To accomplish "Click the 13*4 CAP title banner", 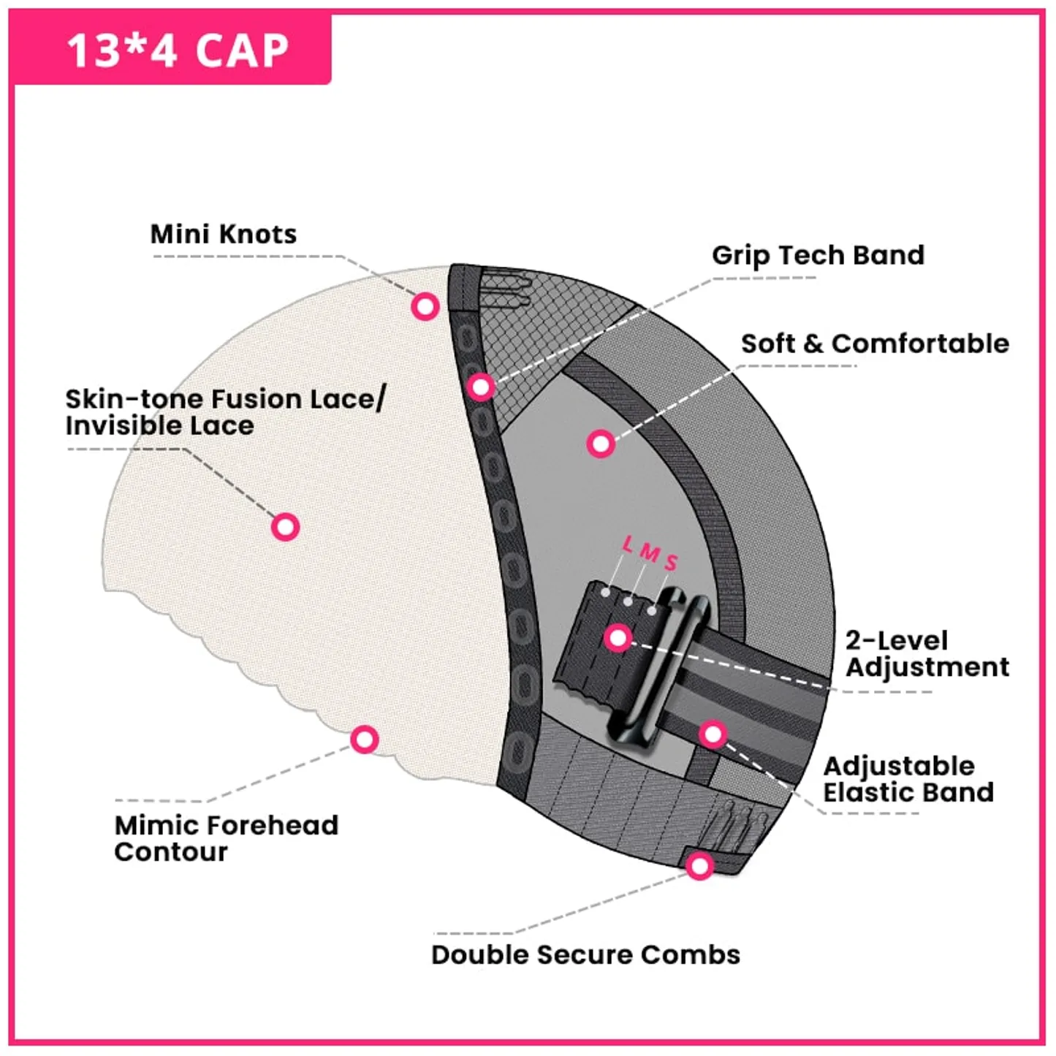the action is (x=171, y=49).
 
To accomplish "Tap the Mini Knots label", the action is (x=224, y=235).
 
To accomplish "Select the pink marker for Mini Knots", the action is (x=425, y=306).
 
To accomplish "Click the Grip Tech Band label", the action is (x=818, y=255).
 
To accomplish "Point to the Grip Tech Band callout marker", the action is (x=481, y=387).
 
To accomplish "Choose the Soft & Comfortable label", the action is (x=875, y=343).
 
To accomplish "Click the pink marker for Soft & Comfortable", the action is (x=601, y=444).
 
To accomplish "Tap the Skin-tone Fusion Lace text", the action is (x=225, y=399).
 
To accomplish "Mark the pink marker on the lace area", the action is (x=285, y=527).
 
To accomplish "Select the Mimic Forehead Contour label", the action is (x=227, y=838).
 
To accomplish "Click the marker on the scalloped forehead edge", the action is (x=365, y=740).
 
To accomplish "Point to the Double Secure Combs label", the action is (x=586, y=954).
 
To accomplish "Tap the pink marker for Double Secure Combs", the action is (x=700, y=867).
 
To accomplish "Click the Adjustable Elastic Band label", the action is (x=908, y=779).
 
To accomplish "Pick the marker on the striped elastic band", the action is (x=713, y=734).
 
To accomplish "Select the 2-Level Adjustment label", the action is (x=927, y=654).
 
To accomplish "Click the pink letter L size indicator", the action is (x=628, y=544).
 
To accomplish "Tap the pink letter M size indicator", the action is (x=650, y=553).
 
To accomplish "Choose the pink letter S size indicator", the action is (x=672, y=562).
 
